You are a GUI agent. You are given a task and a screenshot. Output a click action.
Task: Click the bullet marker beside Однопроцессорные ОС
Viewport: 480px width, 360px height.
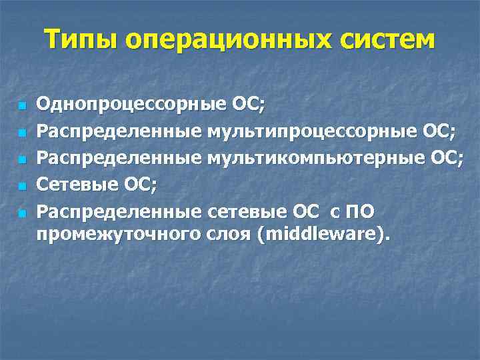(x=21, y=105)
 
